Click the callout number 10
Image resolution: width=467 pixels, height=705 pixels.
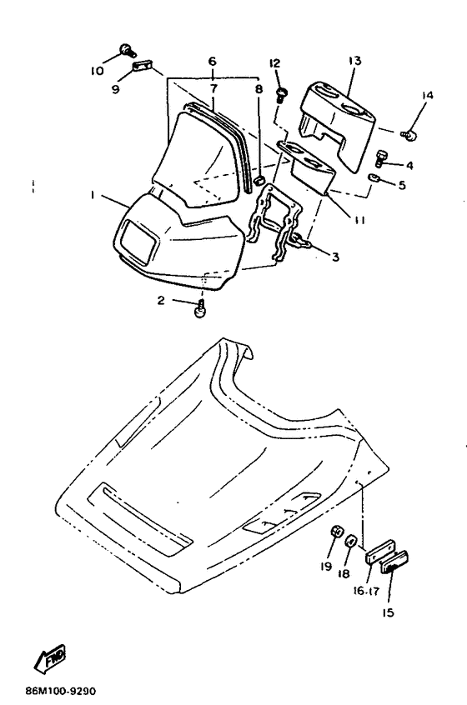[x=98, y=71]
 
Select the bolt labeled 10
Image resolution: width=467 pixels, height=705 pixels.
[x=127, y=50]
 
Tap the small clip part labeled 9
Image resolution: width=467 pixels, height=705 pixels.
[x=141, y=67]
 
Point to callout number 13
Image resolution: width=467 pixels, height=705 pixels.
[x=355, y=60]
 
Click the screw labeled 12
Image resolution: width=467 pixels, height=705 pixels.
[x=281, y=95]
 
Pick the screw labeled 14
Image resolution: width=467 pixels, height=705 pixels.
[x=409, y=134]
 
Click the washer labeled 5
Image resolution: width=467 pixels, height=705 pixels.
[x=374, y=177]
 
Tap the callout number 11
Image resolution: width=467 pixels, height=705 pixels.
[x=359, y=220]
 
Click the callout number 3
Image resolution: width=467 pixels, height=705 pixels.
[x=335, y=257]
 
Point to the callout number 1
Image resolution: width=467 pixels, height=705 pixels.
[x=92, y=195]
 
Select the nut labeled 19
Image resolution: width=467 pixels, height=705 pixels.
[x=336, y=532]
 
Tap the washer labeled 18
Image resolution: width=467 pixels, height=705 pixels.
[x=352, y=541]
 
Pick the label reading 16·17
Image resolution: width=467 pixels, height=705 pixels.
[x=366, y=591]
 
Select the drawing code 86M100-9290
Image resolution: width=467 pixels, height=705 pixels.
[x=60, y=691]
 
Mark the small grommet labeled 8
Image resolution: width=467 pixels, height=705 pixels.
[x=258, y=180]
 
